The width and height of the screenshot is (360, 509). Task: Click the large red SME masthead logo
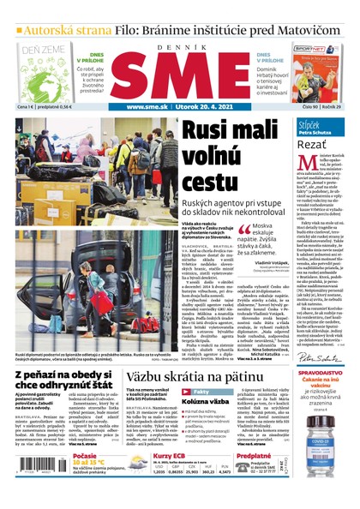(180, 75)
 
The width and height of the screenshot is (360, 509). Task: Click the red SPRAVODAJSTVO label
(319, 350)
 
